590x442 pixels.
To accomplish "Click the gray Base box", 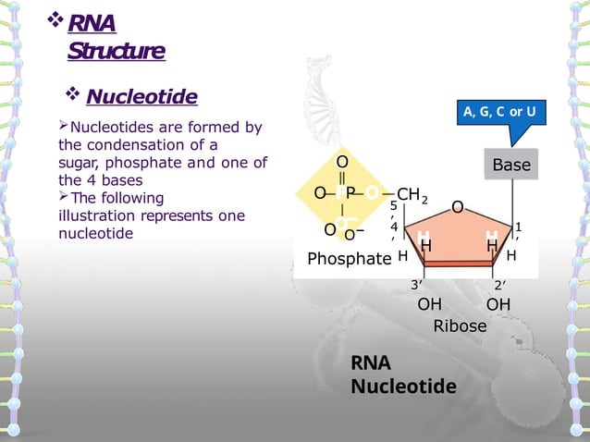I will [511, 166].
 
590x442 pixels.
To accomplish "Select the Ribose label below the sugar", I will [460, 325].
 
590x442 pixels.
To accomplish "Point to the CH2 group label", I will [412, 195].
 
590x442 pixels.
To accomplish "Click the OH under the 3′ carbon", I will [429, 304].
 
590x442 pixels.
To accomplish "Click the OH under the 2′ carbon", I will [498, 304].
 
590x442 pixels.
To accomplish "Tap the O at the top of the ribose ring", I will [458, 208].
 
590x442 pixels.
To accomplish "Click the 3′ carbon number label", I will [417, 285].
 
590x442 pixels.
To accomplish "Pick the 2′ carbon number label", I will [498, 285].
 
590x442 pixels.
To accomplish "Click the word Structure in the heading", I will [116, 51].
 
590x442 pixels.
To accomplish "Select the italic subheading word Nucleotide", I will [141, 97].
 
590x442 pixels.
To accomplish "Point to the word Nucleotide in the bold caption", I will [403, 385].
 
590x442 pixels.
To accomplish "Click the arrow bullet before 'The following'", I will [65, 198].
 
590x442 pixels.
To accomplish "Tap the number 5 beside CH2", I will [393, 205].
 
